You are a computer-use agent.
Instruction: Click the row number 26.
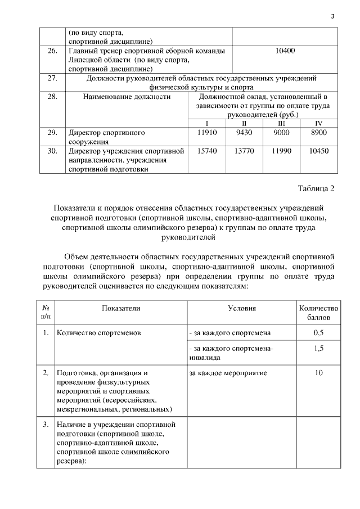(52, 51)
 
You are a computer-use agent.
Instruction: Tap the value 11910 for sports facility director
(208, 133)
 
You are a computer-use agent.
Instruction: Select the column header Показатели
(121, 308)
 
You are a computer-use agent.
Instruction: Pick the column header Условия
(242, 308)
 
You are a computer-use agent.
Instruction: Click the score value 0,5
(318, 332)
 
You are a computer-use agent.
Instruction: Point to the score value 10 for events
(318, 372)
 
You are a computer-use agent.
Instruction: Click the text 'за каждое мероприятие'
(228, 372)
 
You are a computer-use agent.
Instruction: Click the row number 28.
(52, 97)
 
